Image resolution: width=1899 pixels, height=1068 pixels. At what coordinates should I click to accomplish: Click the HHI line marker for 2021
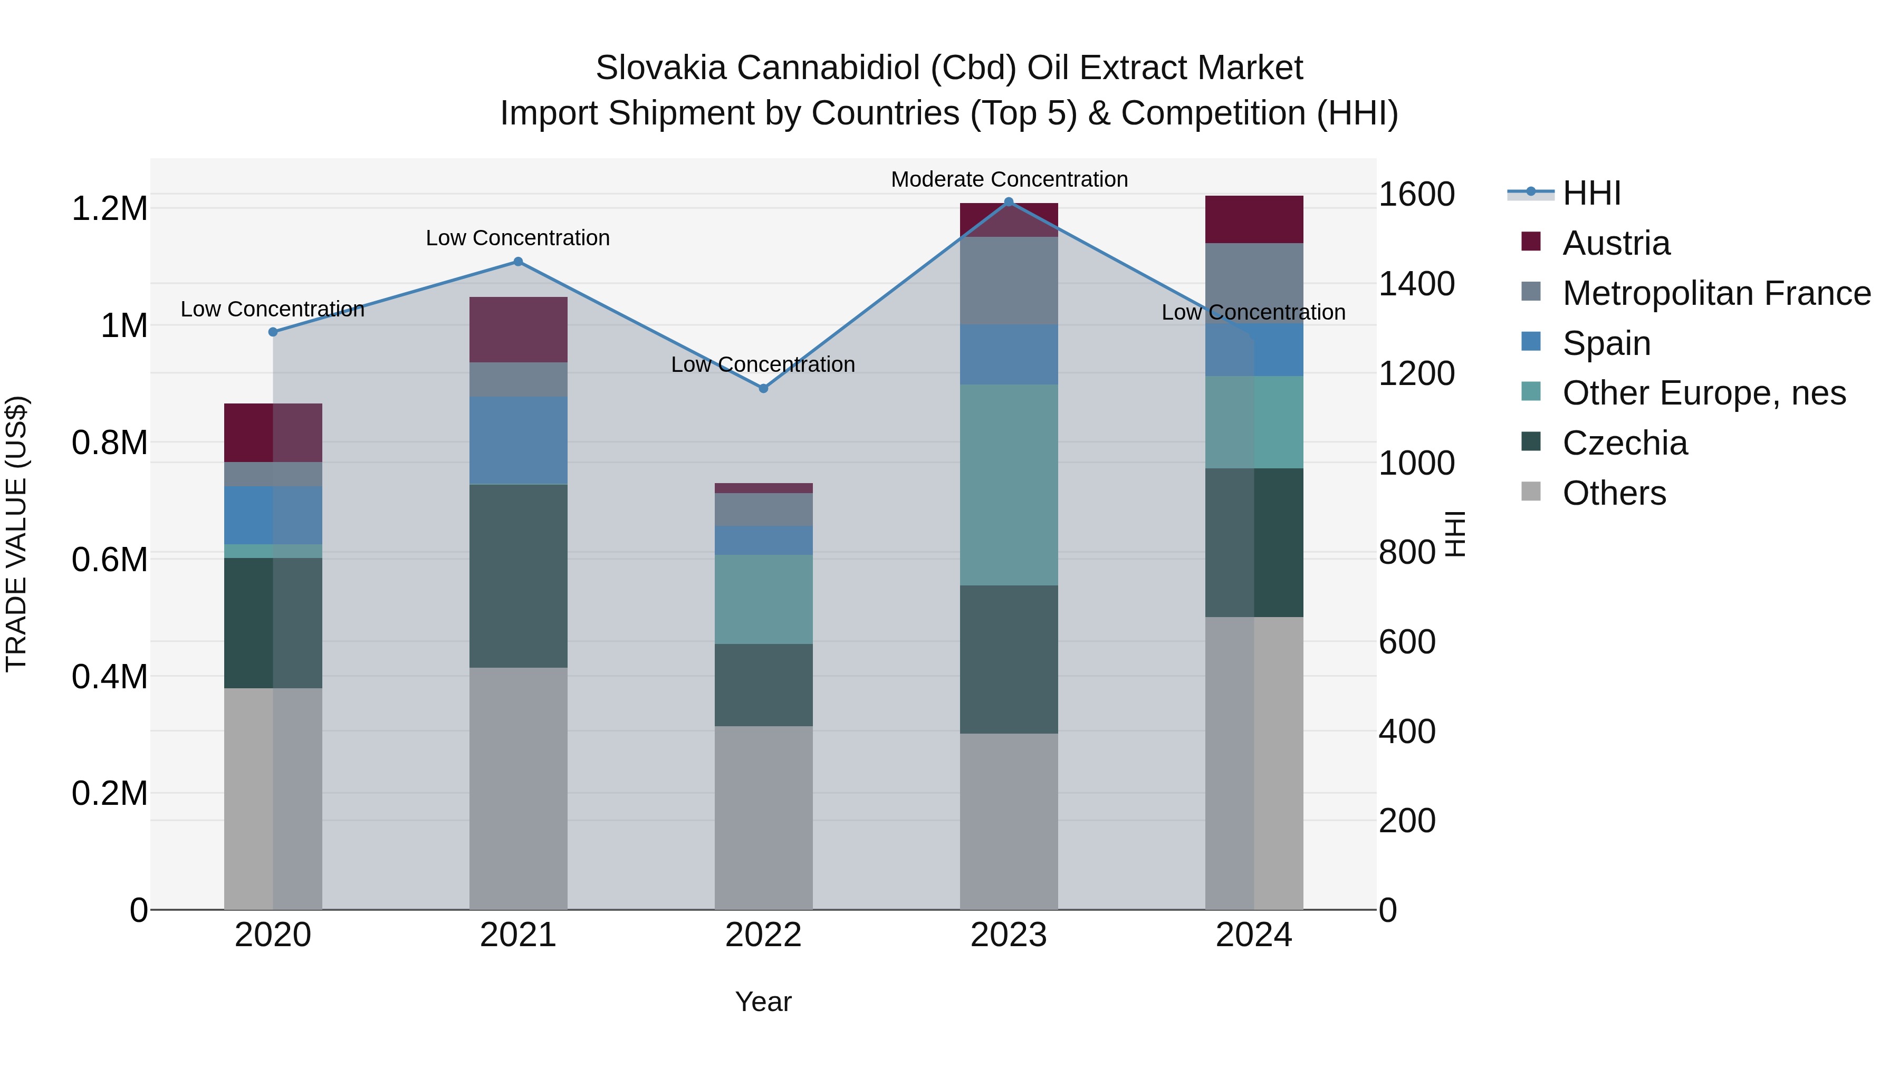point(518,262)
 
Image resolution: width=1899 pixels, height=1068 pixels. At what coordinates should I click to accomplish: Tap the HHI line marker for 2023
point(1009,202)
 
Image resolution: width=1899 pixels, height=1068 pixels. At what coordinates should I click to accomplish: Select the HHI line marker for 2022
point(764,388)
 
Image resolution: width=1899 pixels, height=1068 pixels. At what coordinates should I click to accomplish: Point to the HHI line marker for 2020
point(273,332)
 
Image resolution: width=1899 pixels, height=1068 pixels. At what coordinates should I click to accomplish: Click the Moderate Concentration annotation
point(1009,179)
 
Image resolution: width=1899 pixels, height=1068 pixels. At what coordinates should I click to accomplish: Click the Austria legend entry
point(1616,243)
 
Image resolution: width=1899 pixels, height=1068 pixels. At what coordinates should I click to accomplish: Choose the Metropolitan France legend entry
point(1716,293)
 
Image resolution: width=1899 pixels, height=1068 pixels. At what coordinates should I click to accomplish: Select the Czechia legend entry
point(1625,443)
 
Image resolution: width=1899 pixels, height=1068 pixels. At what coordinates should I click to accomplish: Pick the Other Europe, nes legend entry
point(1704,393)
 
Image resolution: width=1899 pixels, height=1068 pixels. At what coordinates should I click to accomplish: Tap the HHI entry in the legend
point(1591,193)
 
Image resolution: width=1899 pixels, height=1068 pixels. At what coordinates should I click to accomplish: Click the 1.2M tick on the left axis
point(109,208)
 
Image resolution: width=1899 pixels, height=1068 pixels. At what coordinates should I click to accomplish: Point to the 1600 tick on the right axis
point(1416,195)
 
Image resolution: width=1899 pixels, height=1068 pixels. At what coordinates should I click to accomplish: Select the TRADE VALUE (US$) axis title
point(16,534)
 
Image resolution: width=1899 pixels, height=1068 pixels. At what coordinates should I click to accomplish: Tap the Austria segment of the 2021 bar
point(518,330)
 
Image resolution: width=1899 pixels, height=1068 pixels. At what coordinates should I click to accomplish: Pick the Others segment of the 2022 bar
point(764,817)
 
